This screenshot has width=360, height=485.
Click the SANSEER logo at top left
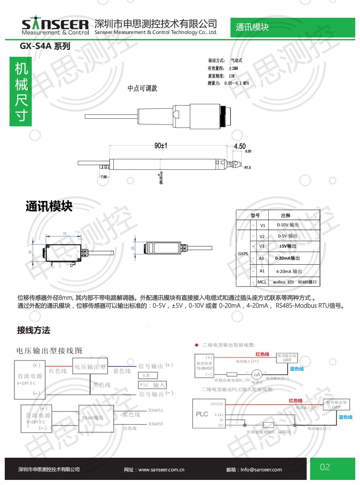[55, 26]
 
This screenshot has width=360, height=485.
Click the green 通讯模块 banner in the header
[252, 27]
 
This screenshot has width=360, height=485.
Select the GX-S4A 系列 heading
[45, 46]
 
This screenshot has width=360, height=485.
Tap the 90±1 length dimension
[161, 146]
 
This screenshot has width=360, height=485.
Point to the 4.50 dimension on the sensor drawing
[240, 146]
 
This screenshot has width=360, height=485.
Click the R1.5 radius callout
[248, 168]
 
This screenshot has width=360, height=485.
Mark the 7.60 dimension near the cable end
[104, 177]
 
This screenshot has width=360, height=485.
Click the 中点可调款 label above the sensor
[142, 89]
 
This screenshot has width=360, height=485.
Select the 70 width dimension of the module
[64, 234]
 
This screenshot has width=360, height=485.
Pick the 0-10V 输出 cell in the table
[288, 225]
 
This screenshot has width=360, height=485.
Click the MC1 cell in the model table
[262, 282]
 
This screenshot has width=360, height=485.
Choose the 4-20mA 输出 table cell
[289, 271]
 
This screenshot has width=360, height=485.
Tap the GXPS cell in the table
[243, 254]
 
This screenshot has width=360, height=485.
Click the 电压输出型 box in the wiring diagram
[90, 367]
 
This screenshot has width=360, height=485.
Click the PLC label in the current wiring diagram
[202, 414]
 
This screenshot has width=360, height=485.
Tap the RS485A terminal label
[156, 410]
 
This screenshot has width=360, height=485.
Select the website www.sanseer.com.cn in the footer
[161, 470]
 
